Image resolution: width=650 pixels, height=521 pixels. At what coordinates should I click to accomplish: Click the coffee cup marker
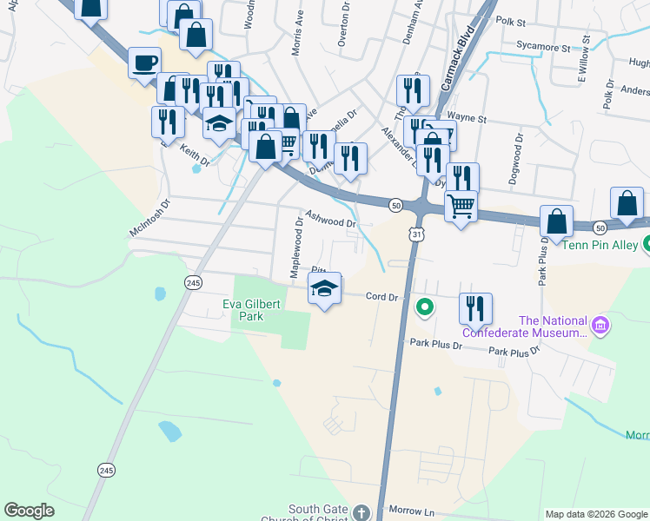[x=144, y=63]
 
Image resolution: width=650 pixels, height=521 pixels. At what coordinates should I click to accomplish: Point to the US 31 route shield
[x=418, y=234]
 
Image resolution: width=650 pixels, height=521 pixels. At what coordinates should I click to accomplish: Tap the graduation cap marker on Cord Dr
[x=325, y=290]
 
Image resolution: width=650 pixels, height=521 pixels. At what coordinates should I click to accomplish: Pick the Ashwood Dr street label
[x=331, y=218]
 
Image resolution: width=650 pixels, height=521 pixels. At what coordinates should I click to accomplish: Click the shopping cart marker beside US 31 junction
[x=460, y=206]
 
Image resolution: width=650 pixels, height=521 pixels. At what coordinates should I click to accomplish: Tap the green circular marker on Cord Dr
[x=425, y=306]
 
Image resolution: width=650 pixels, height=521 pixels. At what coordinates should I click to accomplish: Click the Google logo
[x=30, y=511]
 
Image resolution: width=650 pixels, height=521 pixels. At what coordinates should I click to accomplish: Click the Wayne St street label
[x=467, y=116]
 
